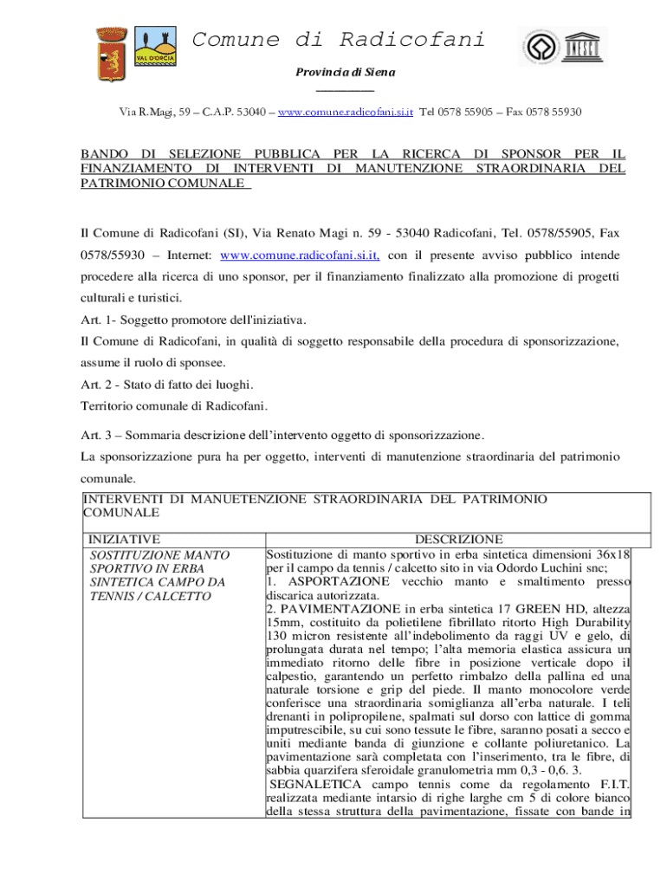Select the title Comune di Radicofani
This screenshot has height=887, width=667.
338,40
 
